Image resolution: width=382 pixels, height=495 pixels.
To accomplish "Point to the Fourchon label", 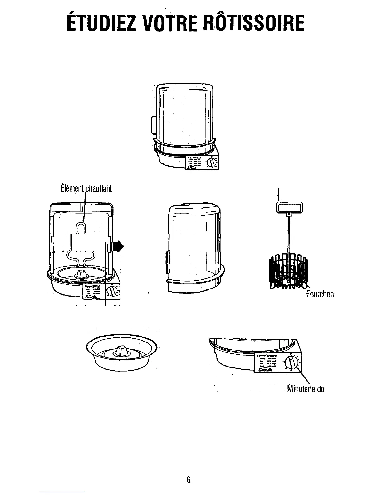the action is (x=320, y=294).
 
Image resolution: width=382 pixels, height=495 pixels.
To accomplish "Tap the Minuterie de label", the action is (x=306, y=389).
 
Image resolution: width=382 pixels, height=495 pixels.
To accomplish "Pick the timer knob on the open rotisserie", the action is (x=111, y=292).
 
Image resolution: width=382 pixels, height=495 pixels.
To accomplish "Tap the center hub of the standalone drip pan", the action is (x=121, y=351).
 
